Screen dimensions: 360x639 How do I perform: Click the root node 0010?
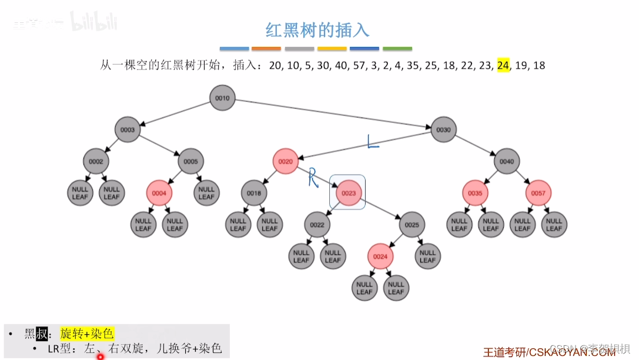pos(223,98)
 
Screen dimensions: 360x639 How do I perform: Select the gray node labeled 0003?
pos(128,129)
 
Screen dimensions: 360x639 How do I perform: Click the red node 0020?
pos(285,161)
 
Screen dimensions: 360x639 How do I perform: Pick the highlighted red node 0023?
pos(349,192)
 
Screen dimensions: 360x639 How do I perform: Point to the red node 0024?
pos(380,256)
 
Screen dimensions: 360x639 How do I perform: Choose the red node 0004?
pos(159,192)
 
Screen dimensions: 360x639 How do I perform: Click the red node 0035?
pos(475,192)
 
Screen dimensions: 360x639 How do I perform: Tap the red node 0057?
pos(538,192)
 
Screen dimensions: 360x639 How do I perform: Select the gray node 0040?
pos(506,161)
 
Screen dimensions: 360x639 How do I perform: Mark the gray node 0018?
pos(254,192)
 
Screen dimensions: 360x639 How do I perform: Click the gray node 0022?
pos(317,224)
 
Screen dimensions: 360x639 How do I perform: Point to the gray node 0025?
pos(412,224)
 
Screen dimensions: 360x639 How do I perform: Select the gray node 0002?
pos(96,161)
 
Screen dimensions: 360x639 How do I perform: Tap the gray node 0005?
pos(190,161)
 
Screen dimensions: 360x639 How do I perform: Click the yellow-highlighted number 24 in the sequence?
pos(503,65)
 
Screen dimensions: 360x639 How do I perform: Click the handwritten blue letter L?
pos(373,142)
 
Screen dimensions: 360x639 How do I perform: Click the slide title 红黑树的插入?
pos(317,30)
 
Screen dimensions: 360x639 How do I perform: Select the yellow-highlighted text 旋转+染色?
pos(86,334)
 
